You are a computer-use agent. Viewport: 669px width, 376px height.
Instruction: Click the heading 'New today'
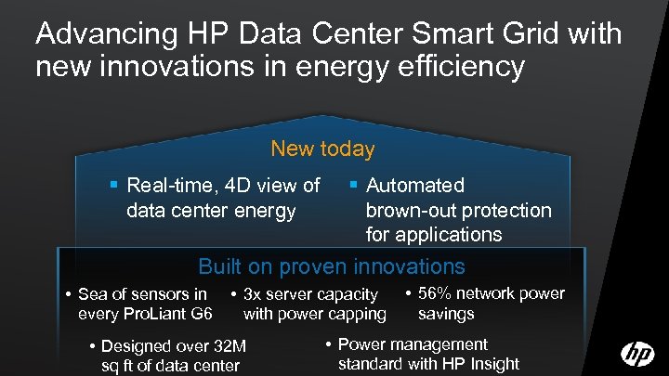tap(322, 149)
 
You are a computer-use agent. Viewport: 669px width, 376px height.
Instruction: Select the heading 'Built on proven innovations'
tap(332, 267)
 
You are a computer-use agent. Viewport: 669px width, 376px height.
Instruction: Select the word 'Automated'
tap(415, 186)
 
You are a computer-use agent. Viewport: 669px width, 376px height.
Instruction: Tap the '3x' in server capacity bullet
tap(253, 295)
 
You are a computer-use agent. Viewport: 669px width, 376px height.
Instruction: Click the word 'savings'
tap(446, 314)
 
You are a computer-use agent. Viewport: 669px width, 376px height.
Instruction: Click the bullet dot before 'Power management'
tap(330, 344)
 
